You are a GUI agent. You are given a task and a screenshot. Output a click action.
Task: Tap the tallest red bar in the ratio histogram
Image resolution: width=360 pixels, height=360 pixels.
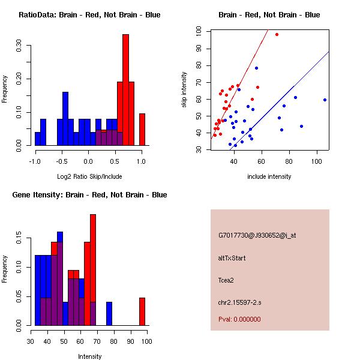[x=125, y=90]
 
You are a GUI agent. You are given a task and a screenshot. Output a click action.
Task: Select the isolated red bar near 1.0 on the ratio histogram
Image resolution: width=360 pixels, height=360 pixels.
[x=142, y=129]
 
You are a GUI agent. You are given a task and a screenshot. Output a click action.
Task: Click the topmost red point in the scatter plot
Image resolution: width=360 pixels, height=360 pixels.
[x=277, y=34]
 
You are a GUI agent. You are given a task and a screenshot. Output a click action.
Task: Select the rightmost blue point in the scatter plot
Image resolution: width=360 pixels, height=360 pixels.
[x=325, y=100]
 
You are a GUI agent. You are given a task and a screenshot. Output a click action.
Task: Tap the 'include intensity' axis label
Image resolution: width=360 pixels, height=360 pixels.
[x=269, y=176]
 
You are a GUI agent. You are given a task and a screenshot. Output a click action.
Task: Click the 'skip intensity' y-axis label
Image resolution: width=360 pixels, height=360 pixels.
[x=184, y=90]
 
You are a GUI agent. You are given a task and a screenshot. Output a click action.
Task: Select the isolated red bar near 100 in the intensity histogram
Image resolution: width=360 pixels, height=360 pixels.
[x=142, y=311]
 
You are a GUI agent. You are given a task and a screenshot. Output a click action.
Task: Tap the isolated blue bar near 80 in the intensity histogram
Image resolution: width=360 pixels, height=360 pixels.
[x=109, y=313]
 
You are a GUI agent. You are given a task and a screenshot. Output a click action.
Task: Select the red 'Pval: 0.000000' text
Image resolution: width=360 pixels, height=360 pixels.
[x=239, y=319]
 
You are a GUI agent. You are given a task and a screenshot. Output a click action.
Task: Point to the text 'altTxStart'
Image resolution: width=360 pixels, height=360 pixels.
[x=232, y=258]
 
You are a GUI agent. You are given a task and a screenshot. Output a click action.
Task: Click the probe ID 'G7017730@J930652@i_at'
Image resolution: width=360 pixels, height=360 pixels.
[x=257, y=235]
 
